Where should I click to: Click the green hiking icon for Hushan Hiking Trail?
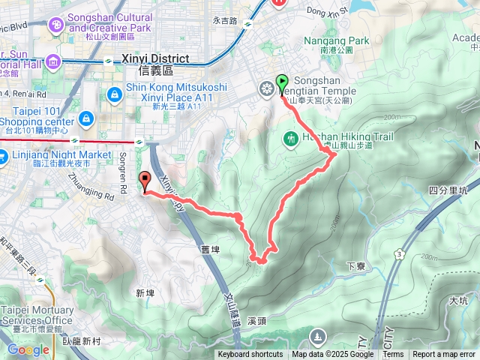[290, 138]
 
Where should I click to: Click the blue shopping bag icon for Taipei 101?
[87, 118]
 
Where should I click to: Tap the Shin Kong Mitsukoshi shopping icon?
[114, 94]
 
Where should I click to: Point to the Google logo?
[28, 349]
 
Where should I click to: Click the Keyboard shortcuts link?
[250, 355]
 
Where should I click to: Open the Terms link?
[393, 355]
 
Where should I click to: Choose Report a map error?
[444, 355]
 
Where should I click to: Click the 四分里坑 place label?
[449, 190]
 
